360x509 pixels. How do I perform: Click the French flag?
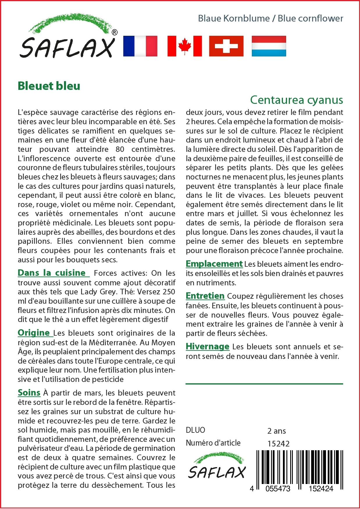click(140, 46)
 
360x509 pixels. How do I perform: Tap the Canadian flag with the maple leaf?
click(185, 46)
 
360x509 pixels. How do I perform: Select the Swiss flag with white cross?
click(226, 46)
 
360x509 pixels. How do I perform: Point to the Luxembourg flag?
click(269, 46)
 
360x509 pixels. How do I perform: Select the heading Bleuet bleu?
click(49, 86)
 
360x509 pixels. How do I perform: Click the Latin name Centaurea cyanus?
click(296, 100)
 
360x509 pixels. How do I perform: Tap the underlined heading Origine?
click(34, 333)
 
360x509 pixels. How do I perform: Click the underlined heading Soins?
click(29, 393)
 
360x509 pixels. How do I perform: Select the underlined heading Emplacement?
click(214, 264)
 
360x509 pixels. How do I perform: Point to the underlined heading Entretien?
click(205, 296)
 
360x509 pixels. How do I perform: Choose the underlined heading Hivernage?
click(207, 346)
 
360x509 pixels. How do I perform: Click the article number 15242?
click(278, 444)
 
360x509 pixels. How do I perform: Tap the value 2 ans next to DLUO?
click(276, 431)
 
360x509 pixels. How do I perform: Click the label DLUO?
click(195, 430)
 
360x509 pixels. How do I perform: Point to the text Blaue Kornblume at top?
click(234, 18)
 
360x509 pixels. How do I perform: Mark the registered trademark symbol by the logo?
click(115, 32)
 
